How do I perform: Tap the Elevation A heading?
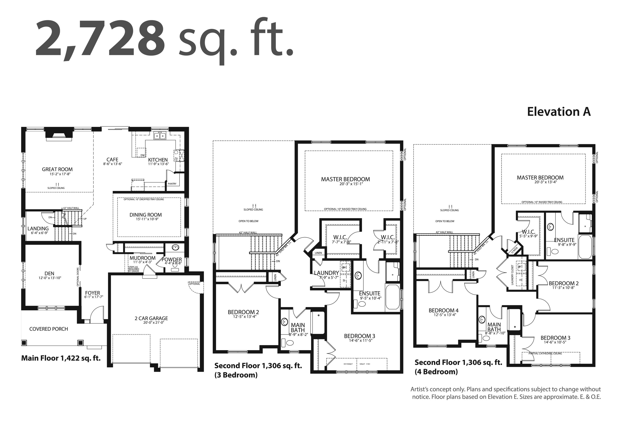(559, 112)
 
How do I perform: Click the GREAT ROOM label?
(57, 169)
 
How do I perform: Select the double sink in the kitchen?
(160, 136)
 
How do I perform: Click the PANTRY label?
(172, 184)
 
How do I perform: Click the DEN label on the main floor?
(49, 273)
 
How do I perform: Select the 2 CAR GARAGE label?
(151, 318)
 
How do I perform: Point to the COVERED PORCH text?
(49, 329)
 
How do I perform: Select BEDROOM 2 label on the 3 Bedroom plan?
(243, 312)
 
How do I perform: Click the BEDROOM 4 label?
(443, 310)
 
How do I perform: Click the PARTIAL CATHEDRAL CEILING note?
(545, 353)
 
